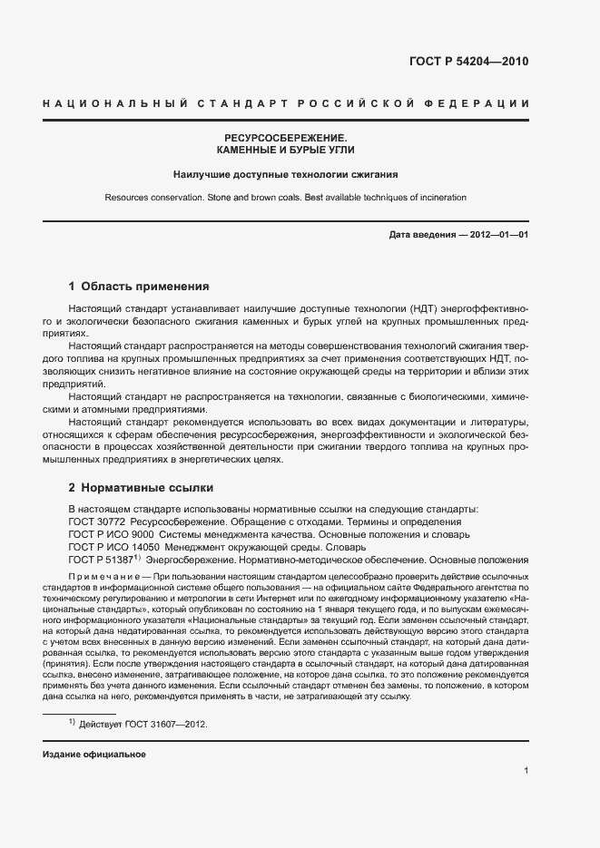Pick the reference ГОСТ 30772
[98, 521]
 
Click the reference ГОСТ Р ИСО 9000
[111, 534]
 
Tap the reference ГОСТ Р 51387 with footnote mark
[102, 560]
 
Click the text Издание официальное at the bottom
[93, 755]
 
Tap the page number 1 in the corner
[526, 771]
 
